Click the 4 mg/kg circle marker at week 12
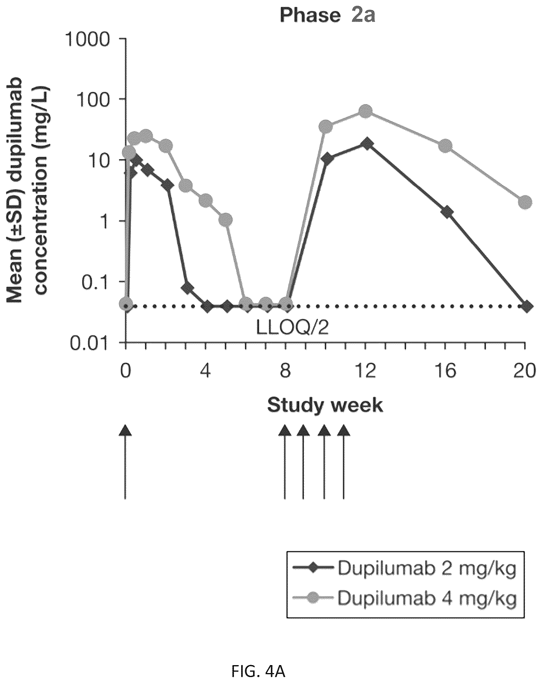pos(366,111)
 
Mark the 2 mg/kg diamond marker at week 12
pos(367,144)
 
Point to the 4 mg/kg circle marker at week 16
pos(446,145)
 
